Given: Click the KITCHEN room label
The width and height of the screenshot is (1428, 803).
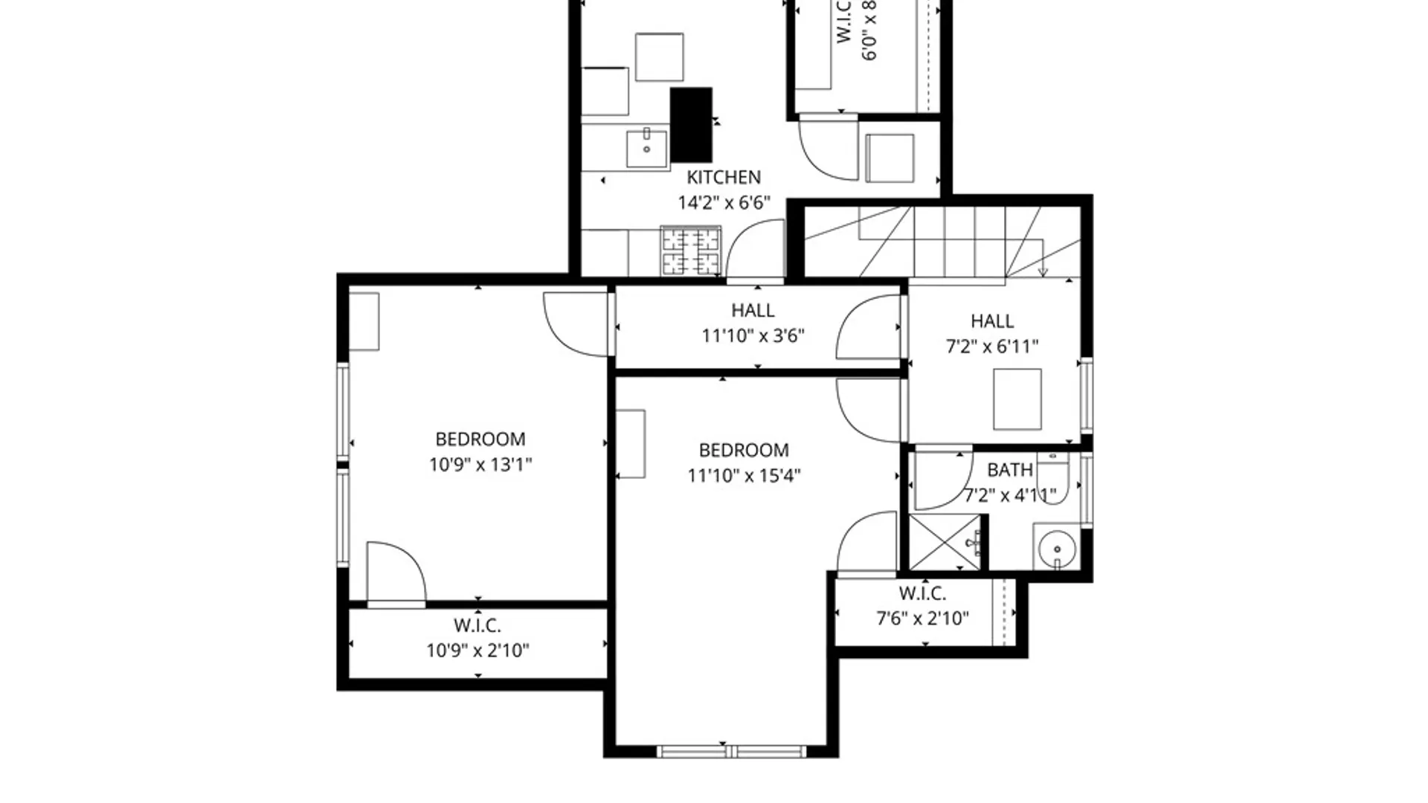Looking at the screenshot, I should [723, 177].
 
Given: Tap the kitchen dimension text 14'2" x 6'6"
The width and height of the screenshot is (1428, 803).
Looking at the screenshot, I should [723, 202].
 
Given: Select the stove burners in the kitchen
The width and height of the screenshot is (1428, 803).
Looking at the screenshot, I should [691, 251].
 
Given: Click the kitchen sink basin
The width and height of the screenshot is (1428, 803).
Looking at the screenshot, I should [646, 149].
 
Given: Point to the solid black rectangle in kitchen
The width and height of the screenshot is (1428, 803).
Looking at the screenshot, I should [691, 124].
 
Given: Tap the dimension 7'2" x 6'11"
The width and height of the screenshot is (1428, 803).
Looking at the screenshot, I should [991, 346].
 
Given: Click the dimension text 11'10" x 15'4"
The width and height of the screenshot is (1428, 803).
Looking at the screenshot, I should [743, 475].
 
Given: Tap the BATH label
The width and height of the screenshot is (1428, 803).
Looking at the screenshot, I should [1009, 470].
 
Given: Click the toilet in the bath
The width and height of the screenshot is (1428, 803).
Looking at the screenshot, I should [1053, 480].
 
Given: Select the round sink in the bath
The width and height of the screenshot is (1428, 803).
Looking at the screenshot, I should [1057, 549].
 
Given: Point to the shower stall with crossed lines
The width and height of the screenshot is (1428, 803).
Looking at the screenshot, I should [945, 543].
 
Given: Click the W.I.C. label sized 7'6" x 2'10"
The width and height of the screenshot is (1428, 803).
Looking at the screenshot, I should [922, 606].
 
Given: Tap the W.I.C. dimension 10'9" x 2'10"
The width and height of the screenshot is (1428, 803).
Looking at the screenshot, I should [477, 651].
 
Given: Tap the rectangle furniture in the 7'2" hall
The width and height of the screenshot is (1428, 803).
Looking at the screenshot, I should [1017, 399].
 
